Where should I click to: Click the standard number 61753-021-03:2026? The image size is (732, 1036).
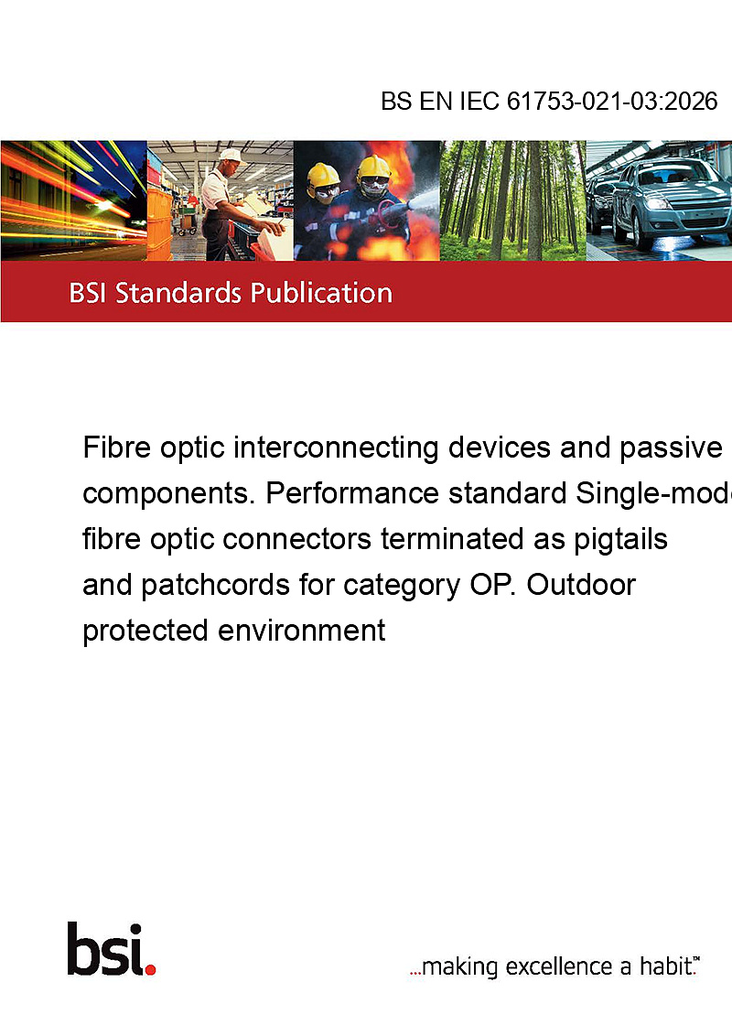click(612, 101)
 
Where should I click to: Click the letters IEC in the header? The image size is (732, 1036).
click(479, 101)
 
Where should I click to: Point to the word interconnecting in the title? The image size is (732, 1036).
click(336, 448)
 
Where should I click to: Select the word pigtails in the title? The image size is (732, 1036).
click(620, 540)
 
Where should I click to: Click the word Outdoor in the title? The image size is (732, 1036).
click(581, 585)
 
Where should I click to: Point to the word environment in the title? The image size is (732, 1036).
click(301, 631)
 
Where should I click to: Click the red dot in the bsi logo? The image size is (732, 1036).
click(150, 969)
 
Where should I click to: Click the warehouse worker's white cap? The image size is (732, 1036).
click(231, 156)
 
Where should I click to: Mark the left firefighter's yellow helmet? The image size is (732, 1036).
click(323, 175)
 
